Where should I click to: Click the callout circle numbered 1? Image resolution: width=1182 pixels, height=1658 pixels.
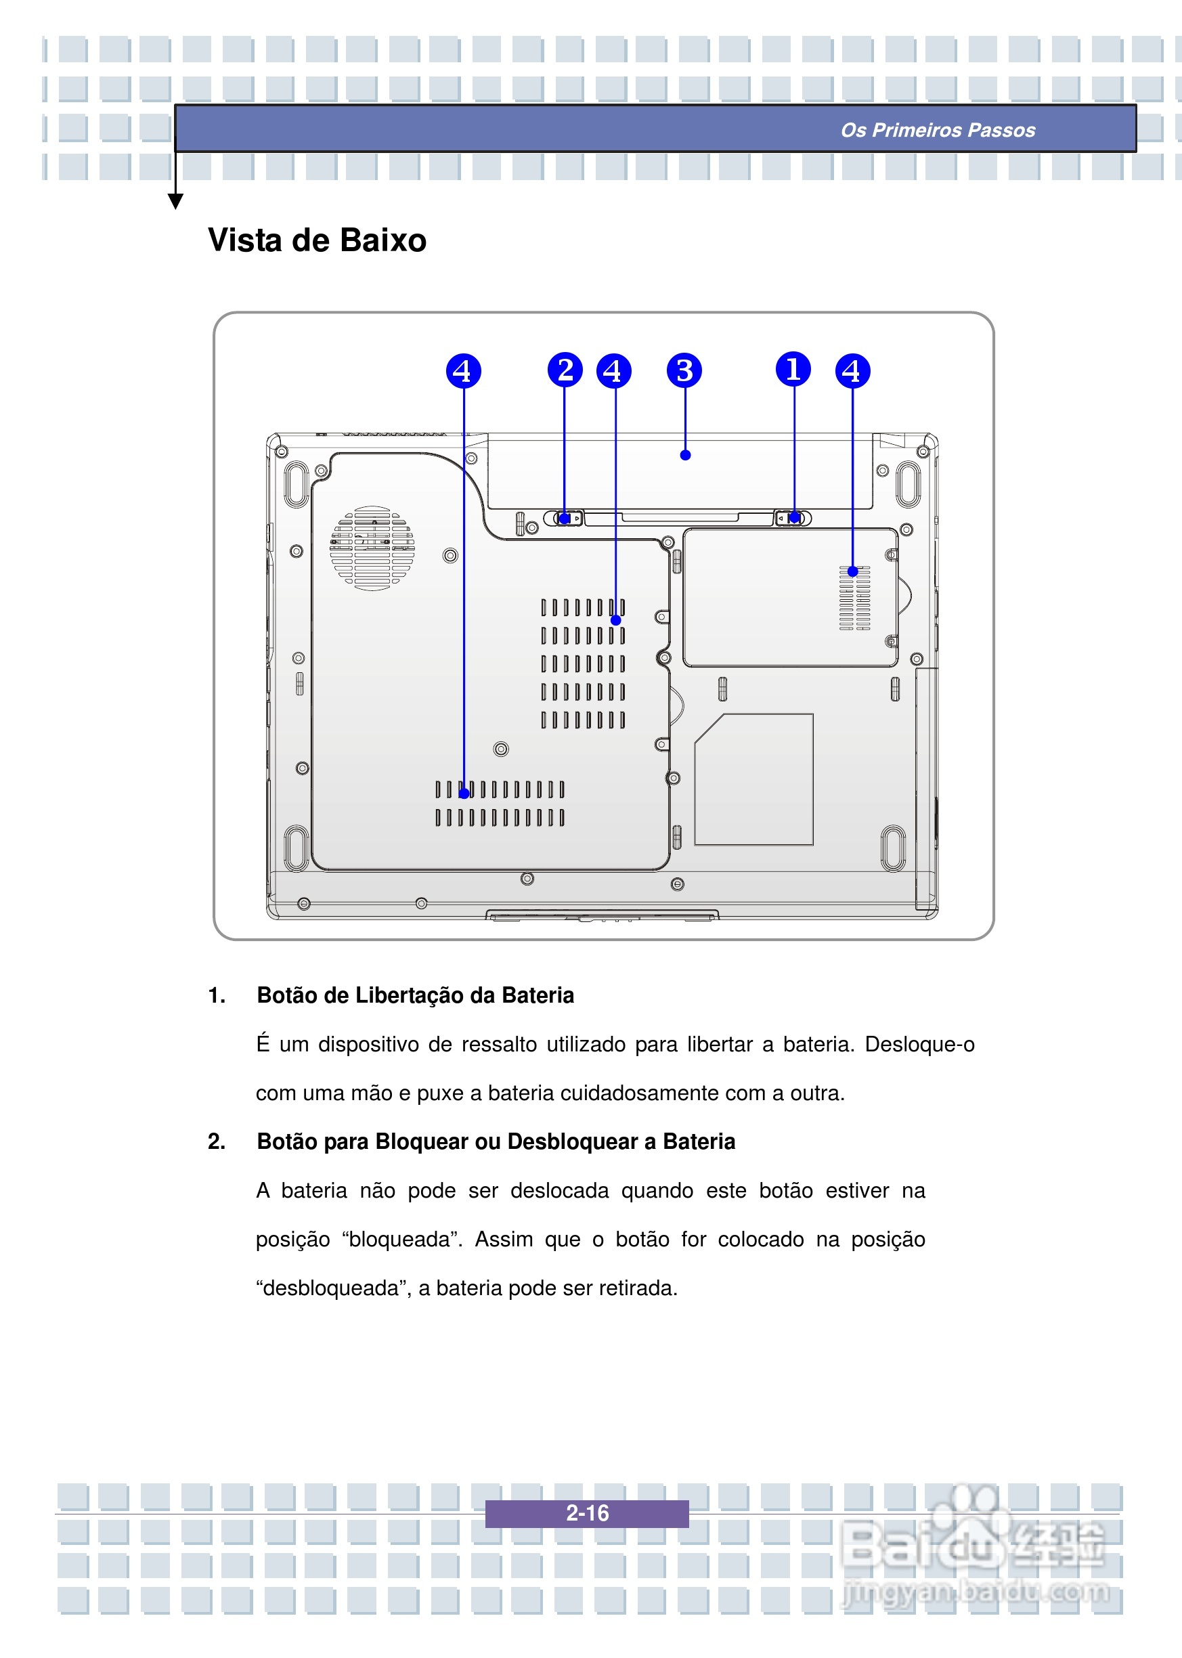click(x=793, y=369)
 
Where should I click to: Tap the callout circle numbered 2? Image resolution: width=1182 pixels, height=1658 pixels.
click(x=565, y=370)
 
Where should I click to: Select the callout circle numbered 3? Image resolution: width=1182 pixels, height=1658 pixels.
click(x=684, y=370)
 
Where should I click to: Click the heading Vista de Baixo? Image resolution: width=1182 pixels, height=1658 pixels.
click(x=317, y=240)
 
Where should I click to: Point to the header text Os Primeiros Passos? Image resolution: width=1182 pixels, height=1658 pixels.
click(x=938, y=130)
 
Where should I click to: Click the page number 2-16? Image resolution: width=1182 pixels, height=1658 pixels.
click(x=587, y=1513)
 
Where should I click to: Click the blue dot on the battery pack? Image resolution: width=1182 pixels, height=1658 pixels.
click(x=685, y=456)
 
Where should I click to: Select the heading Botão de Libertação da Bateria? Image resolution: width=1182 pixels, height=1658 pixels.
click(x=415, y=995)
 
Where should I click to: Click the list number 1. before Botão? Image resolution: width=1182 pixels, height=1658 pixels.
click(x=216, y=995)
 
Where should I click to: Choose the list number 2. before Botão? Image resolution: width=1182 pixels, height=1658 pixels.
click(x=216, y=1141)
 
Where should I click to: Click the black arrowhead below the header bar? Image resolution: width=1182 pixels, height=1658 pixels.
click(x=175, y=201)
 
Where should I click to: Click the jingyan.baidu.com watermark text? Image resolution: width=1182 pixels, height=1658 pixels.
click(x=976, y=1592)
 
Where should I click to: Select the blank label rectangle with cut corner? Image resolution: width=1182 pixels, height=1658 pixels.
click(x=753, y=779)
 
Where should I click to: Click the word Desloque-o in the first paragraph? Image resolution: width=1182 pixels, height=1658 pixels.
click(x=919, y=1045)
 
